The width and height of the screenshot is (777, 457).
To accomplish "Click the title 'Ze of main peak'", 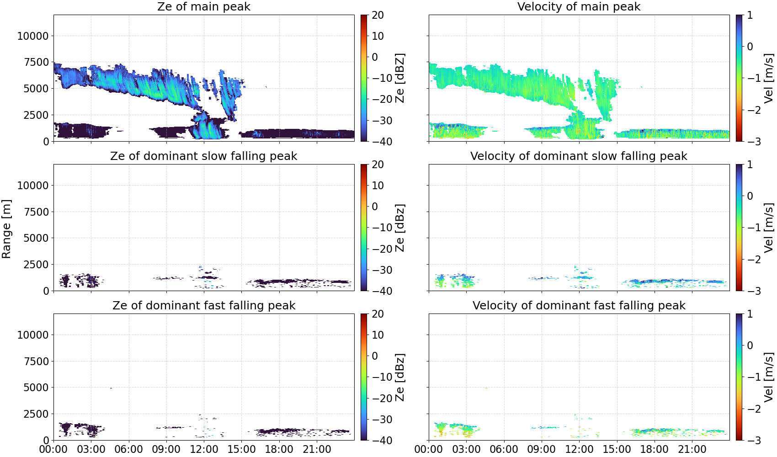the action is pos(203,7).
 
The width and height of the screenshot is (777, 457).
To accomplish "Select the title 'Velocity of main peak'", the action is pos(579,7).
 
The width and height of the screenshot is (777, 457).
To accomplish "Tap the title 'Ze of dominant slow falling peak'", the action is pos(203,156).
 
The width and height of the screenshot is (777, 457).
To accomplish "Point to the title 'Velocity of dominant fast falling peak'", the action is pos(579,306).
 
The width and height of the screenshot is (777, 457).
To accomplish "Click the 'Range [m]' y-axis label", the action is pos(6,229).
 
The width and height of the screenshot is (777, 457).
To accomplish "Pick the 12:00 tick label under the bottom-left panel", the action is pos(204,449).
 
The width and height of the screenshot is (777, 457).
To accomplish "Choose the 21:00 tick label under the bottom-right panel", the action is pos(692,449).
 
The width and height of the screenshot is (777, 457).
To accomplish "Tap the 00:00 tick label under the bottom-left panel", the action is pos(54,449).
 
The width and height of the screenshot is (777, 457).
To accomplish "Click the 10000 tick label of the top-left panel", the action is pos(33,36).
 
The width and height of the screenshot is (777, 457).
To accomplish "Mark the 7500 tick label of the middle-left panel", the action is pos(36,212).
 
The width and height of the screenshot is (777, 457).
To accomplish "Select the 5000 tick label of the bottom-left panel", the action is pos(36,388).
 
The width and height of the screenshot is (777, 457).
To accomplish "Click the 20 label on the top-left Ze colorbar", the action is pos(378,15).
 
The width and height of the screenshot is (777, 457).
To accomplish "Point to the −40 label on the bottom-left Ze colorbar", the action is pos(382,441).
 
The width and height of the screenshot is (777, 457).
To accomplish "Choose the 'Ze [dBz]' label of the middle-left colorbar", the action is pos(399,228).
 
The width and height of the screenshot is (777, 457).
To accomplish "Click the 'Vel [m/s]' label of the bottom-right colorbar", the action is pos(769,377).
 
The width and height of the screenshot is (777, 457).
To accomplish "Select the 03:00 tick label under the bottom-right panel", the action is pos(467,449).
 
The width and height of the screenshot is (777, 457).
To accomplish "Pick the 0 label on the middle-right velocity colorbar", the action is pos(750,196).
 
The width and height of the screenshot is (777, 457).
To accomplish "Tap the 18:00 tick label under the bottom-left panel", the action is pos(279,449).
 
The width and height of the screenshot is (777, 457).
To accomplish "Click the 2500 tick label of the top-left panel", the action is pos(36,115).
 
